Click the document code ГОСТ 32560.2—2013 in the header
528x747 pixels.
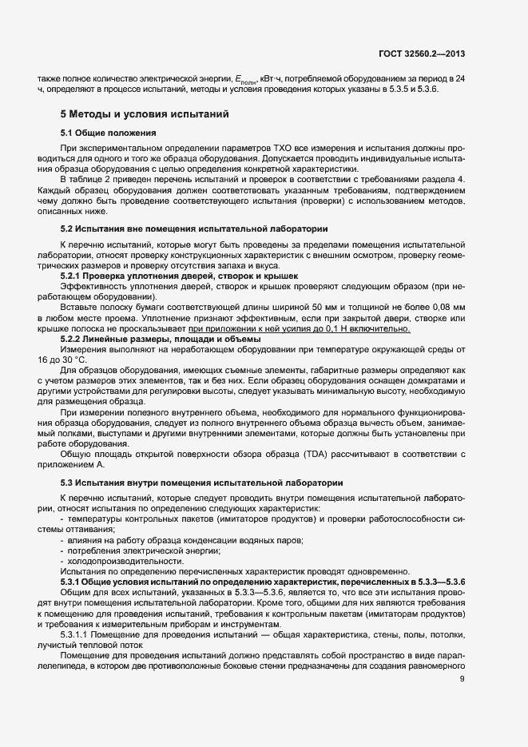pyautogui.click(x=422, y=54)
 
